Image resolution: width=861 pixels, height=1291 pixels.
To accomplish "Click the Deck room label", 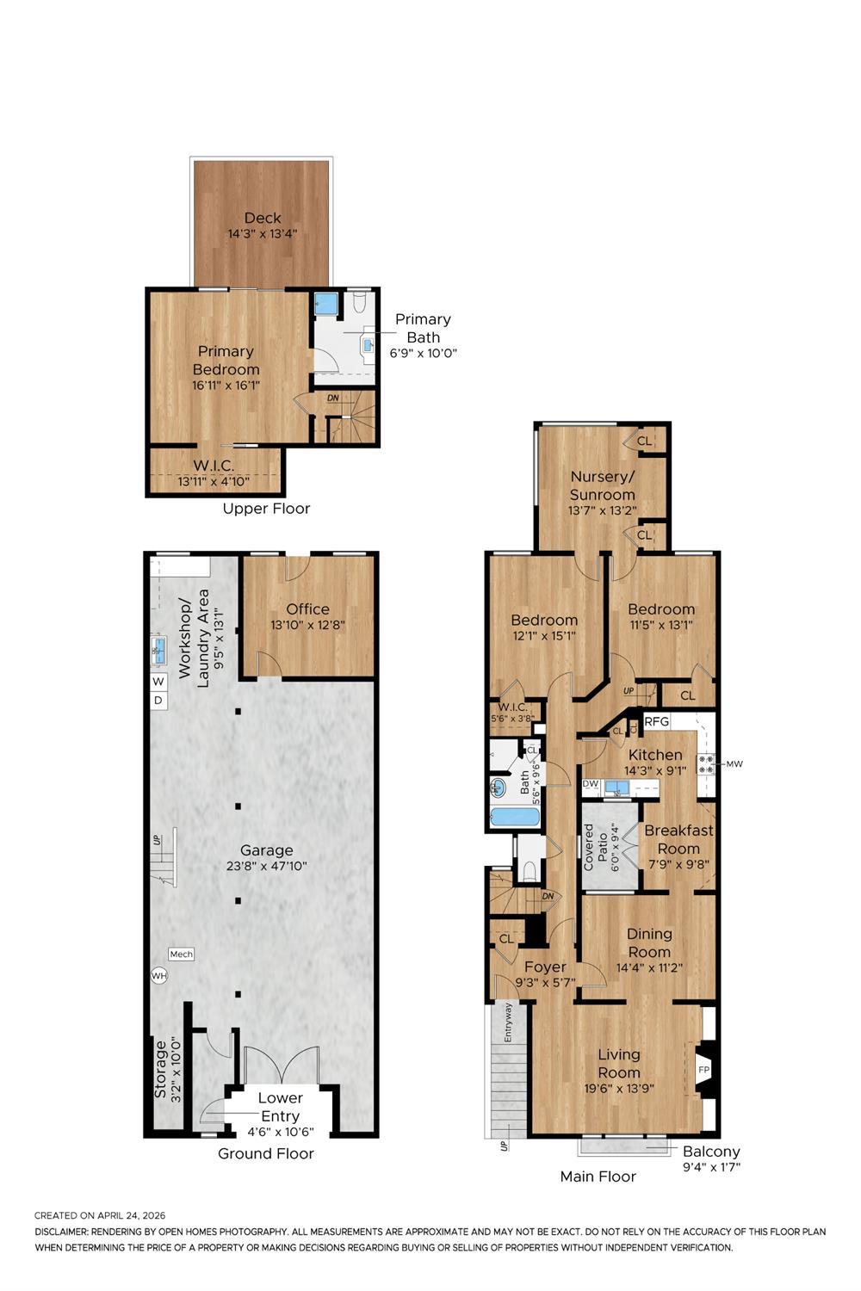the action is [x=263, y=218].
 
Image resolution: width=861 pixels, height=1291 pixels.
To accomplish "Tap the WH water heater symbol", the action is [x=159, y=976].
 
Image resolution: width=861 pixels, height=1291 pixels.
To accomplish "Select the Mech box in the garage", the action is [x=181, y=954].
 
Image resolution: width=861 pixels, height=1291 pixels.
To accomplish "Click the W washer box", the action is [x=158, y=682].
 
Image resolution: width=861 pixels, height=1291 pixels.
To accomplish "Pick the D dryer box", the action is [x=158, y=701].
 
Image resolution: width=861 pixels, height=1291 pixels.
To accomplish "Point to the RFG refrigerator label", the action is [x=656, y=721].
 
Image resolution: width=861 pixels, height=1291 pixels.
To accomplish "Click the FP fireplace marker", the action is [x=703, y=1070].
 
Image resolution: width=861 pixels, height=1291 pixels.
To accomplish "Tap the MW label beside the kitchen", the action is [x=734, y=764].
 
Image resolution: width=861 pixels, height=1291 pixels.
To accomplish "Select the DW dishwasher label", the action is [x=591, y=784].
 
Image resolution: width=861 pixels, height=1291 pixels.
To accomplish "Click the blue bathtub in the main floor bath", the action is [x=515, y=818].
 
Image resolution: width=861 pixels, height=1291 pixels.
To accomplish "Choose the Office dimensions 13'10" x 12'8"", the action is [x=308, y=625].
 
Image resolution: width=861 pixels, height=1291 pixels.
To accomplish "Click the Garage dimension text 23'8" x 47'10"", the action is [x=266, y=866].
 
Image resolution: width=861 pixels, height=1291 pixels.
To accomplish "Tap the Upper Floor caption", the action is [x=266, y=509].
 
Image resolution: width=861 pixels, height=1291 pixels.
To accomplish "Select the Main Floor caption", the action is [x=598, y=1177].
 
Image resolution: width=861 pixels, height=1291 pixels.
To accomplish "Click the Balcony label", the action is [x=711, y=1151].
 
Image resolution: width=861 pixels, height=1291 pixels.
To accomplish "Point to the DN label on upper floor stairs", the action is [x=332, y=398].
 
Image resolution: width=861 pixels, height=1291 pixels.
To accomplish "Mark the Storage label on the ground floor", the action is [x=160, y=1070].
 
